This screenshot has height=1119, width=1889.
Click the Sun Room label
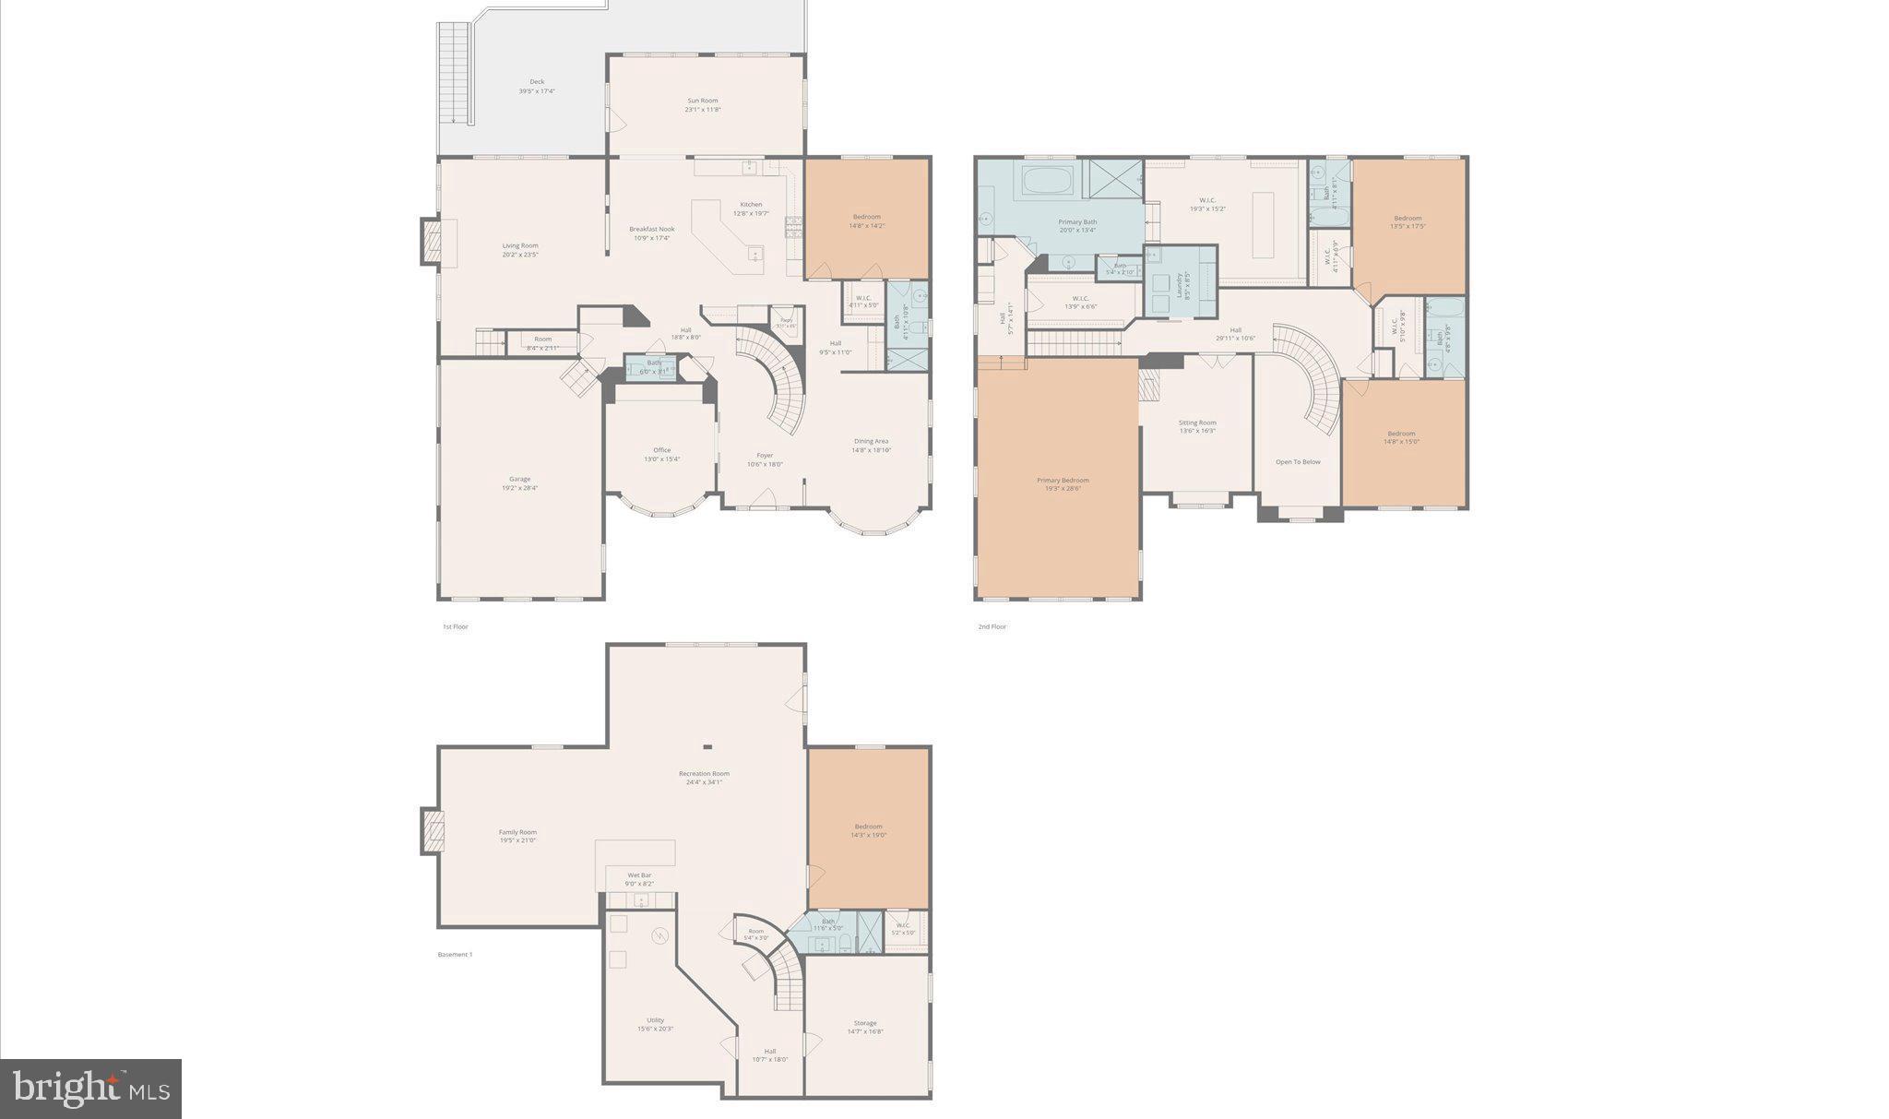[x=702, y=101]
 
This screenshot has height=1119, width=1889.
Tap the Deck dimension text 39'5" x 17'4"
[x=536, y=91]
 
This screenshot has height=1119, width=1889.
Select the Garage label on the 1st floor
[x=519, y=479]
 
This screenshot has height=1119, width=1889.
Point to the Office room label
[x=661, y=450]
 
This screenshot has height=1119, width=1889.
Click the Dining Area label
[x=871, y=441]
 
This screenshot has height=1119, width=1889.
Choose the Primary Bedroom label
[x=1063, y=480]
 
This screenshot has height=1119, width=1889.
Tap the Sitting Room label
[x=1196, y=423]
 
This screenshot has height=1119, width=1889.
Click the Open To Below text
[x=1298, y=461]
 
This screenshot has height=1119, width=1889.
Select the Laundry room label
[x=1179, y=284]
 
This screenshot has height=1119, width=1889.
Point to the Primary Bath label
[x=1076, y=221]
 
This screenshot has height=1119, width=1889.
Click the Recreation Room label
[x=704, y=773]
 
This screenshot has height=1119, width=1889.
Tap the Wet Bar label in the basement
[x=639, y=875]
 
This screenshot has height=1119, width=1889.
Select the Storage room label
[x=864, y=1022]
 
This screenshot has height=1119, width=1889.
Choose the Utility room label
[x=655, y=1019]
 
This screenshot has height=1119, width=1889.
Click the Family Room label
[x=517, y=831]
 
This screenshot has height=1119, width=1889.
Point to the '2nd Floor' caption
[x=992, y=626]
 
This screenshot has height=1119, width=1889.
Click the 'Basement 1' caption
[x=455, y=954]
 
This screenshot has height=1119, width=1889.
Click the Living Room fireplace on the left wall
[x=432, y=241]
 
